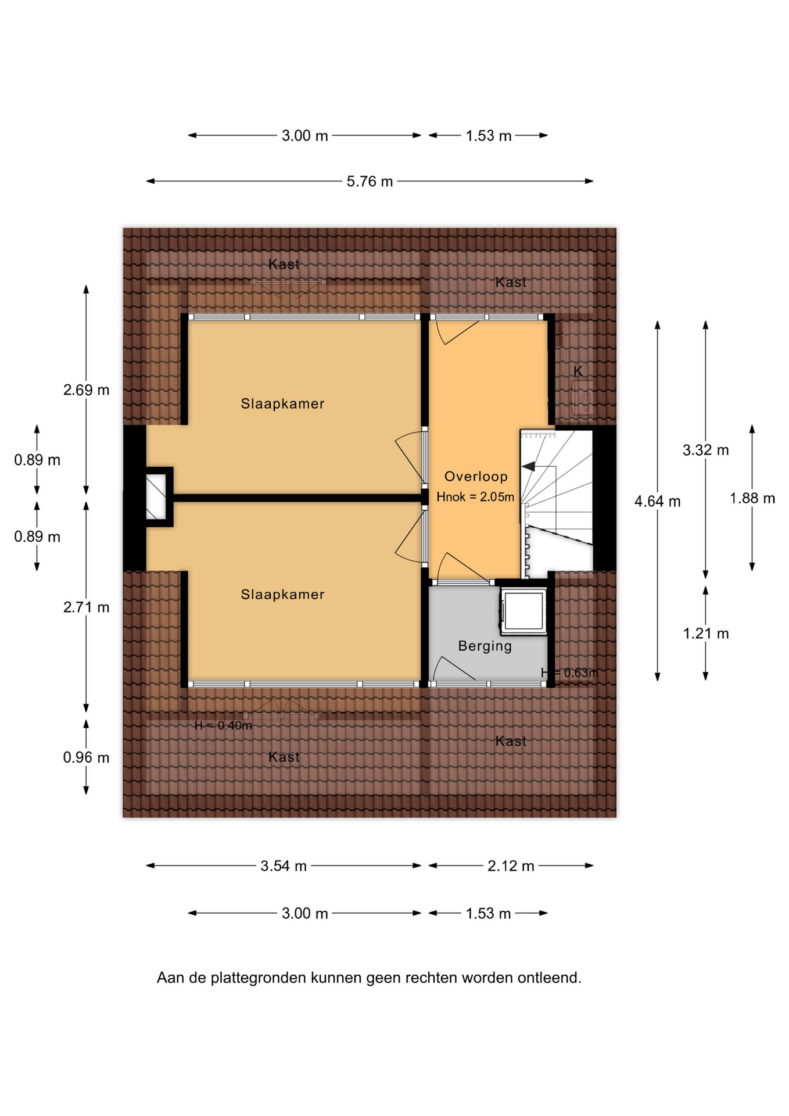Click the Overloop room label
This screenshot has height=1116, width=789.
[x=476, y=477]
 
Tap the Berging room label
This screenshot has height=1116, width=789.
[x=485, y=646]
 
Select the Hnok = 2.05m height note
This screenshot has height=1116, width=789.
[x=475, y=497]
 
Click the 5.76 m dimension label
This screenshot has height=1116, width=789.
[x=370, y=181]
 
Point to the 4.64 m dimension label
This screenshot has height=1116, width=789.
[x=657, y=501]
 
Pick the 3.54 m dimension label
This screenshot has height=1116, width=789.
[x=284, y=866]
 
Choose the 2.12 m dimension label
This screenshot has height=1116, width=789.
[x=511, y=866]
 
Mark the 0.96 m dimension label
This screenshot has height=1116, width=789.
[x=86, y=757]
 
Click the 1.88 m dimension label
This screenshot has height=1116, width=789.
[x=752, y=498]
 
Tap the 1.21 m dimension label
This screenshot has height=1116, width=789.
[x=706, y=634]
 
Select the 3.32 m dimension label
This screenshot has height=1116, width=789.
[x=706, y=450]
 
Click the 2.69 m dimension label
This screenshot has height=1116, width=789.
[x=86, y=390]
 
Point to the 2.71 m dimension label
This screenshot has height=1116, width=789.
[x=86, y=607]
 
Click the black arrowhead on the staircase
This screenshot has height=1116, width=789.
[x=529, y=466]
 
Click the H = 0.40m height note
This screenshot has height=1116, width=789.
[x=223, y=725]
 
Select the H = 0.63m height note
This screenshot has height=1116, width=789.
[x=569, y=673]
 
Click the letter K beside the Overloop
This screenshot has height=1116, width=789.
[x=578, y=371]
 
